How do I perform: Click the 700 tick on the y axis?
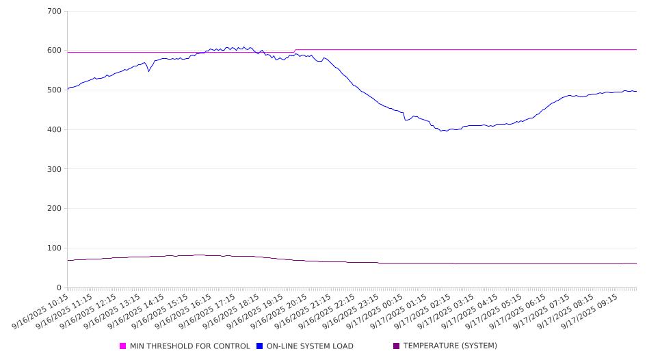coord(55,11)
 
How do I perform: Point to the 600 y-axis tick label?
coord(55,51)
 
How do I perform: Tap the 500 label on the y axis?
coord(55,90)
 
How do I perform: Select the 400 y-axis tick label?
coord(55,129)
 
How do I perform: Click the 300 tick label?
coord(55,169)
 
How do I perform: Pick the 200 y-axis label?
coord(55,209)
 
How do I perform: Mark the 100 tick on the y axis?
coord(55,248)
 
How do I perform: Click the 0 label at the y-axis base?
coord(59,287)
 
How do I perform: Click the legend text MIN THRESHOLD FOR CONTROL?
coord(189,346)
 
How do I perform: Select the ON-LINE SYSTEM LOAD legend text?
coord(310,346)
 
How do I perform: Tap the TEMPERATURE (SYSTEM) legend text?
coord(450,346)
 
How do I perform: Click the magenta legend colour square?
coord(123,346)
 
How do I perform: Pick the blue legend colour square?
coord(260,346)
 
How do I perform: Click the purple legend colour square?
coord(397,346)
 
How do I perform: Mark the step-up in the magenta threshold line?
coord(295,51)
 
